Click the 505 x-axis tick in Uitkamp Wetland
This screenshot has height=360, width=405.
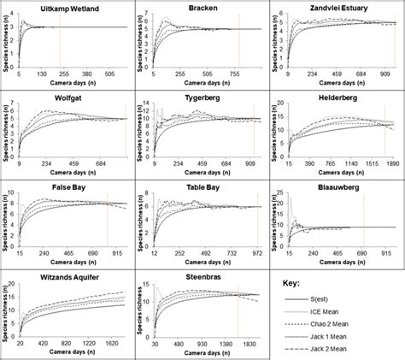coord(110,74)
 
